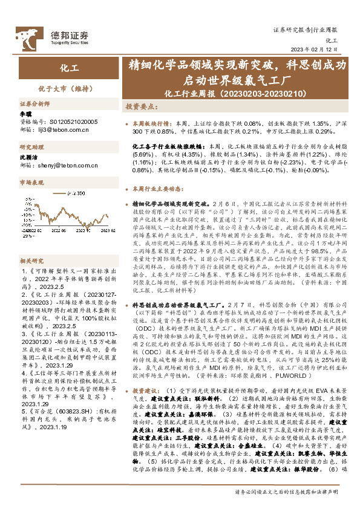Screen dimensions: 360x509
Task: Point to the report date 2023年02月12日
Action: pos(315,50)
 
